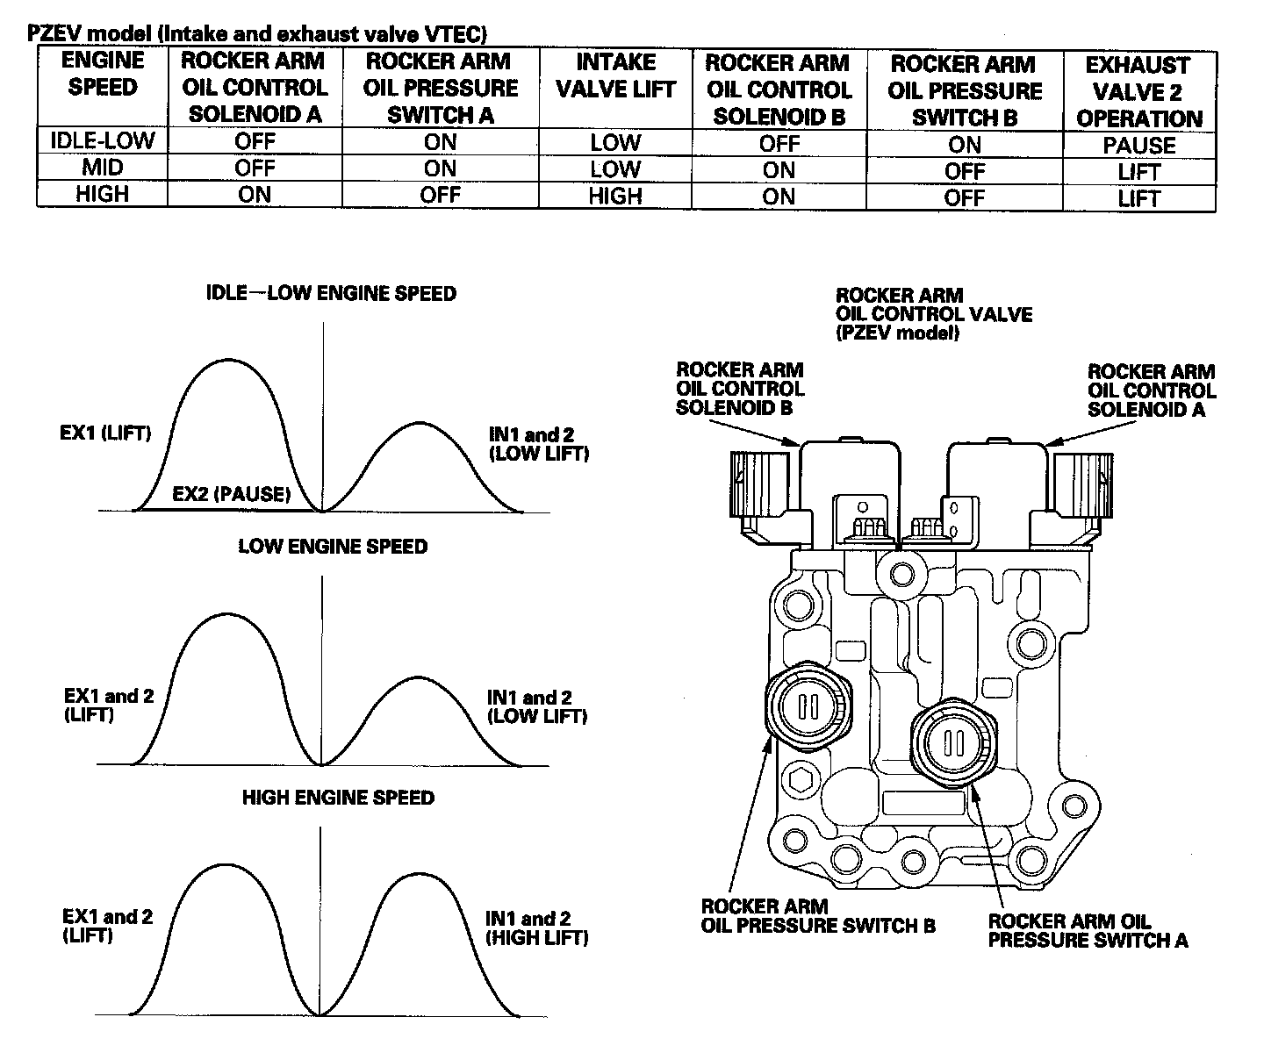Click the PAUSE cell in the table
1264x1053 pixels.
1138,146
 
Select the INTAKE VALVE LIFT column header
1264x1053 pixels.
615,75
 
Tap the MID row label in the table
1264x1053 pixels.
103,167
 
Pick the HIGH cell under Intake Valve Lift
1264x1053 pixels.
615,196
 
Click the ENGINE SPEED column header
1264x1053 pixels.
103,73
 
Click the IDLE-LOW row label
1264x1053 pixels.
103,140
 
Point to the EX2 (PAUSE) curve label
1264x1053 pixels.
232,494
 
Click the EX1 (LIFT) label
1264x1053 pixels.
105,433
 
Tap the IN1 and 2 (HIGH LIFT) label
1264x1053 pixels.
536,928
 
